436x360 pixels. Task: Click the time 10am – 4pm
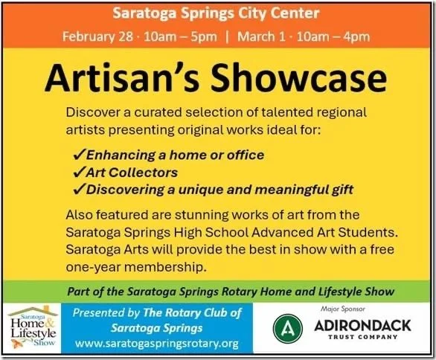(344, 36)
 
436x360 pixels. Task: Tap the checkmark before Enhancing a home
(80, 155)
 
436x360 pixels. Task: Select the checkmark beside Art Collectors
(80, 173)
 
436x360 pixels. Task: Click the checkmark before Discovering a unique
(80, 190)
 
